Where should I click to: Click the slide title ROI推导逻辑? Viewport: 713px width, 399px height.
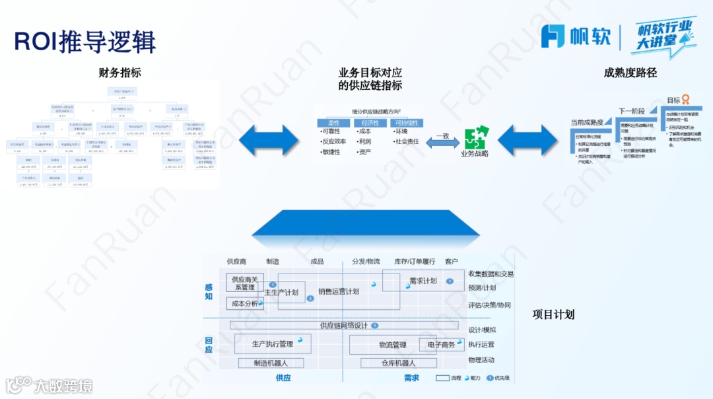[x=85, y=42]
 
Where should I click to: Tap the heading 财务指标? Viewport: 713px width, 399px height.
[x=119, y=73]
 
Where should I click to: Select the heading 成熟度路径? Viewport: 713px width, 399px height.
[x=630, y=73]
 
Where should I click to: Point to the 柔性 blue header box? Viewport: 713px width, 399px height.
[x=333, y=123]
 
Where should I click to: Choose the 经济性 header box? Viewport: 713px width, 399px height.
[x=370, y=123]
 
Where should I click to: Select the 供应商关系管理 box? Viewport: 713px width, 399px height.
[x=244, y=283]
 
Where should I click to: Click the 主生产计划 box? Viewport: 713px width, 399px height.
[x=282, y=292]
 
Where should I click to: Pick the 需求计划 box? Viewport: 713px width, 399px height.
[x=423, y=281]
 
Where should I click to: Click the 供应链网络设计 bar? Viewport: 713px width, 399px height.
[x=344, y=325]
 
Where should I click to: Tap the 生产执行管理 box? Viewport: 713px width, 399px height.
[x=273, y=344]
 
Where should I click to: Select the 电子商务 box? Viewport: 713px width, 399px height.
[x=440, y=345]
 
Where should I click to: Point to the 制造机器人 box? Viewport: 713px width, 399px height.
[x=271, y=363]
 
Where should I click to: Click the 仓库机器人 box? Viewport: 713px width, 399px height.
[x=399, y=363]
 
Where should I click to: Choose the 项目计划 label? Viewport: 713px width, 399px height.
[x=553, y=314]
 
